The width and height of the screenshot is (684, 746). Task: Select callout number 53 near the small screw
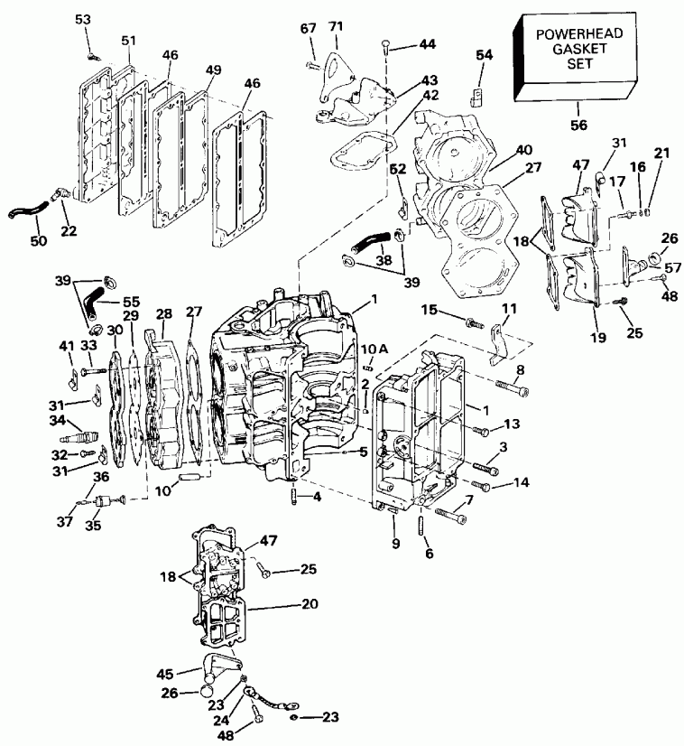[83, 19]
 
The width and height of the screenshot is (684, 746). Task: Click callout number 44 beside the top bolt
[423, 44]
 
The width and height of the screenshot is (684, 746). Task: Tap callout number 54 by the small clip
[485, 56]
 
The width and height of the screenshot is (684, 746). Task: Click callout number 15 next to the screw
[430, 311]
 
